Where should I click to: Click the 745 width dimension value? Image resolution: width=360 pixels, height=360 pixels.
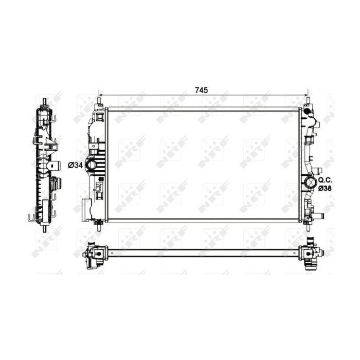click(x=201, y=90)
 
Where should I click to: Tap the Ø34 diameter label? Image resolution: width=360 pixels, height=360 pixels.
click(x=75, y=165)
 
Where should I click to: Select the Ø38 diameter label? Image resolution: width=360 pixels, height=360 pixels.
click(x=325, y=189)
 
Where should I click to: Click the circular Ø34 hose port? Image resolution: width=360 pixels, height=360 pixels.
click(x=91, y=165)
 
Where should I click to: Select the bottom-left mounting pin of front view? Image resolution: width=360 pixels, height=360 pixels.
click(x=98, y=224)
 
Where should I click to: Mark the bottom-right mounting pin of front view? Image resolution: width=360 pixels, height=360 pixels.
click(x=308, y=224)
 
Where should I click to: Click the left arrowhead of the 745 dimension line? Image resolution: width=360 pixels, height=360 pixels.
click(x=101, y=96)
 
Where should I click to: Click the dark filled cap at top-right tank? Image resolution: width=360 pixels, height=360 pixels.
click(x=308, y=111)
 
